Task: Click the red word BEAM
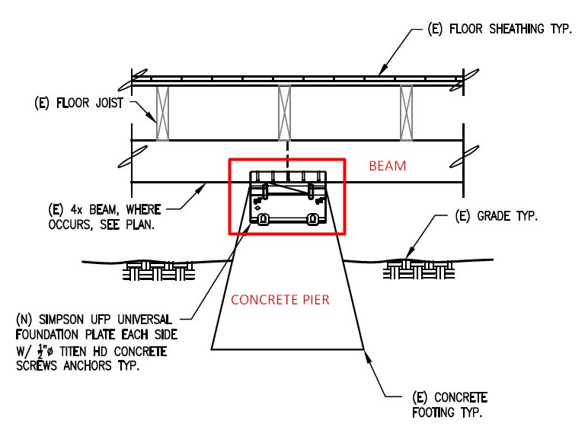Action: point(388,166)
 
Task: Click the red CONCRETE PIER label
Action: point(280,300)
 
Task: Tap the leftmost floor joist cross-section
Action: point(162,113)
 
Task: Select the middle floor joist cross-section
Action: point(284,113)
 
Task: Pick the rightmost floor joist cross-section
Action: point(407,113)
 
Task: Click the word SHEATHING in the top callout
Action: point(516,29)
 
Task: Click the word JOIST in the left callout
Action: point(109,103)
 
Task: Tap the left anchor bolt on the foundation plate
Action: point(264,218)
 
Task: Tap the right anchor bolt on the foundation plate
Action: point(312,218)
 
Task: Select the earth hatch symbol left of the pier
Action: point(158,270)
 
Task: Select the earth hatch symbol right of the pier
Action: point(419,269)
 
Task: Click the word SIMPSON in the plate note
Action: point(61,320)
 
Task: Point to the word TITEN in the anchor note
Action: point(73,352)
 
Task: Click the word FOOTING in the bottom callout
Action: point(433,412)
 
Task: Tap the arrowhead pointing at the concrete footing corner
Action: point(368,357)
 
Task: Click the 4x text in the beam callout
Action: point(76,209)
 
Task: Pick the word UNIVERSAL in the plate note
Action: point(145,320)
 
